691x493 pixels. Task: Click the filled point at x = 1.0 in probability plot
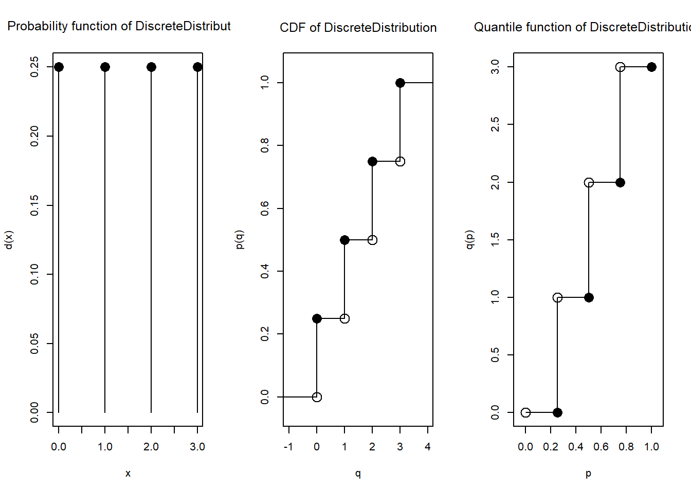pyautogui.click(x=105, y=67)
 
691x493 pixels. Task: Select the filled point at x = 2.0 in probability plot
pyautogui.click(x=151, y=67)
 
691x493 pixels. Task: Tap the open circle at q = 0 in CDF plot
pyautogui.click(x=317, y=397)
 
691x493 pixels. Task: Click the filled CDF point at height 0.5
pyautogui.click(x=344, y=240)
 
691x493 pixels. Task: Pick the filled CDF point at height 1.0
pyautogui.click(x=400, y=83)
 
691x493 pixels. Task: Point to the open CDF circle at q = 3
pyautogui.click(x=400, y=161)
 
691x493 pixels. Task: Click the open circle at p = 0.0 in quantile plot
pyautogui.click(x=525, y=412)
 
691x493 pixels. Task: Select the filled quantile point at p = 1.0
pyautogui.click(x=651, y=67)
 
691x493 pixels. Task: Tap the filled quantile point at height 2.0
pyautogui.click(x=620, y=182)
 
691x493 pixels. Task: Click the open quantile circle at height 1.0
pyautogui.click(x=557, y=297)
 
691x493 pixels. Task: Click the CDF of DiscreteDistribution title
pyautogui.click(x=358, y=28)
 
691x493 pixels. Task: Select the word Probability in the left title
pyautogui.click(x=38, y=26)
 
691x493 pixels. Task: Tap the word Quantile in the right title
pyautogui.click(x=494, y=27)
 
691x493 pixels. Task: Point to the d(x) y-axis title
pyautogui.click(x=9, y=240)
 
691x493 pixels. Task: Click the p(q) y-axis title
pyautogui.click(x=239, y=240)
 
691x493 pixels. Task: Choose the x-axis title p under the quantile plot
pyautogui.click(x=588, y=473)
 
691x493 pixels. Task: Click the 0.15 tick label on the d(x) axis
pyautogui.click(x=34, y=205)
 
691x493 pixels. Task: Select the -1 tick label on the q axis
pyautogui.click(x=288, y=447)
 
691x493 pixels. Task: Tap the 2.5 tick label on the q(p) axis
pyautogui.click(x=495, y=124)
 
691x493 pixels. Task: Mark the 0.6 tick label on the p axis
pyautogui.click(x=601, y=447)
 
